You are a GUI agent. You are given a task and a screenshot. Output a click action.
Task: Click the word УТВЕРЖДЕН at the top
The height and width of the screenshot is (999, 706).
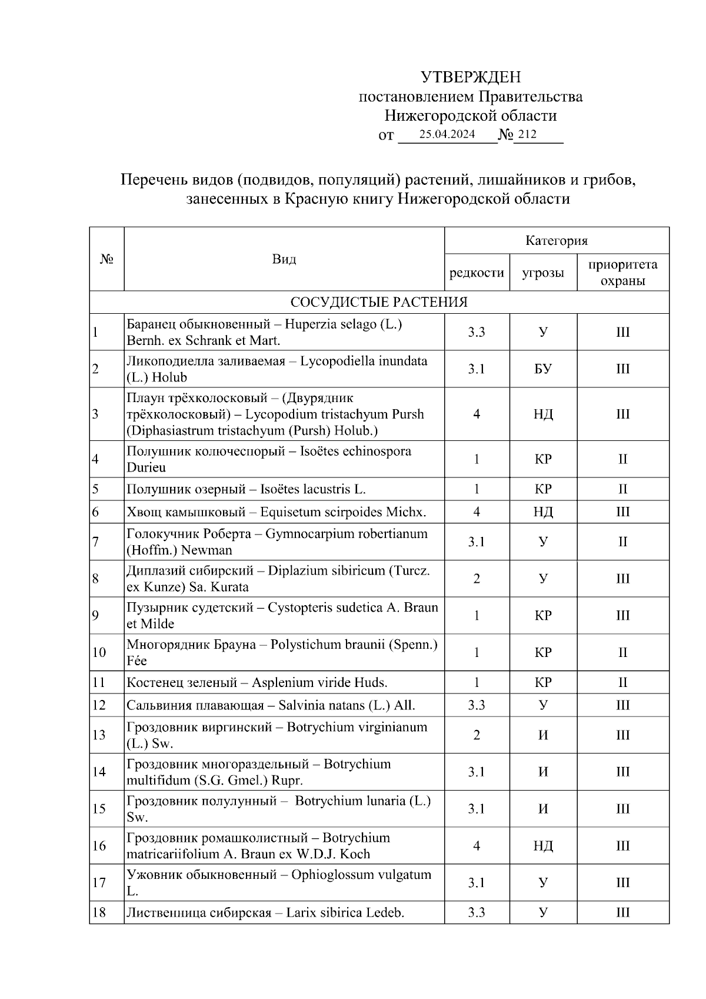point(471,77)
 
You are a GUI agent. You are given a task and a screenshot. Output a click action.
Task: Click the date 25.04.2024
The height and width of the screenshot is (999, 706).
point(447,135)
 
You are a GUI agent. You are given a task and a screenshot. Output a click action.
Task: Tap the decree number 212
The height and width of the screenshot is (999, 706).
point(527,135)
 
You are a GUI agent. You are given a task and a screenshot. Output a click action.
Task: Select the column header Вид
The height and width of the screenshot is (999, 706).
point(284,259)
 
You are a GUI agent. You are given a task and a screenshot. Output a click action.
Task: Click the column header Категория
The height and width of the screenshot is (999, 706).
point(557,241)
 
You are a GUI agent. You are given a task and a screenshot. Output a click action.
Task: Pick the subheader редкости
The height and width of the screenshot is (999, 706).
point(477,273)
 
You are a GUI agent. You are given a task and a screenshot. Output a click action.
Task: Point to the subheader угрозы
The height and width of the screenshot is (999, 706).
point(543,273)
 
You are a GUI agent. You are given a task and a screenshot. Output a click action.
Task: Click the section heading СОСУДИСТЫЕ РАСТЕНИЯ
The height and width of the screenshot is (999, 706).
point(379,303)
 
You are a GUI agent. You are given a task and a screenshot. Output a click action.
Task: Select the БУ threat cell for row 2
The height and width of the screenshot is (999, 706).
point(543,369)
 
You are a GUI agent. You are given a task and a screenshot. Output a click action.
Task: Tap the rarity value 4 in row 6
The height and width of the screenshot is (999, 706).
point(477,512)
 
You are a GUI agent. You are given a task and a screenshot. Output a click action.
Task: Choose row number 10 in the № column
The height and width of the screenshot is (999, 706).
point(99,652)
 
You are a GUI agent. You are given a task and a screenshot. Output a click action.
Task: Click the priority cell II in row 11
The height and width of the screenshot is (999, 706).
point(622,683)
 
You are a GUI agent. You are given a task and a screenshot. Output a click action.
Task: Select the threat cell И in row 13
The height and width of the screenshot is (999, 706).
point(543,735)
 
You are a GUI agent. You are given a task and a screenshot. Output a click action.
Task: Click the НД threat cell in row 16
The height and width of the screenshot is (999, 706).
point(543,846)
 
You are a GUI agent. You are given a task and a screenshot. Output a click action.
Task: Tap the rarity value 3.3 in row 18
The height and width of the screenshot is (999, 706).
point(477,913)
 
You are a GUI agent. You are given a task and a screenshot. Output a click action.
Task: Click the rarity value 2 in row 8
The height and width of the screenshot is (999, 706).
point(477,579)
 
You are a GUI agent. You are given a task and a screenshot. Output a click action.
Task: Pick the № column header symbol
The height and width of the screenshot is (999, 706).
point(106,259)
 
